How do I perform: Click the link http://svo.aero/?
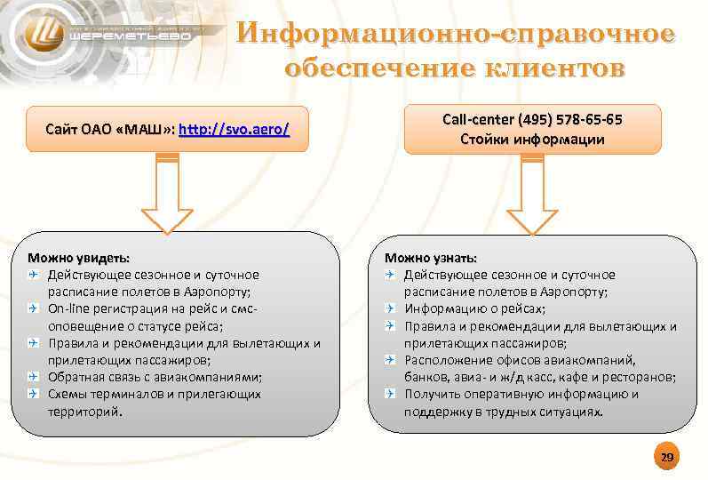pos(235,130)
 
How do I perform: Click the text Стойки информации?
pos(532,139)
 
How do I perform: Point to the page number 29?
pos(666,458)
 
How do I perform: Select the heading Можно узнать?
pos(432,258)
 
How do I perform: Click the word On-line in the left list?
pos(68,308)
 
